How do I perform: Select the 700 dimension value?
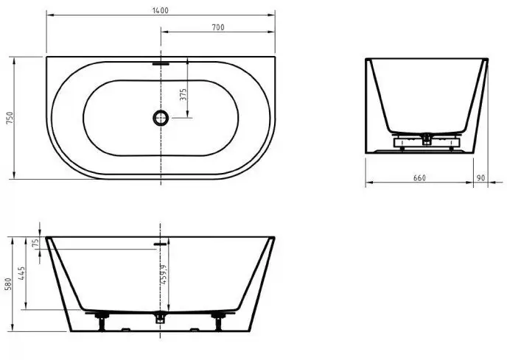click(x=217, y=27)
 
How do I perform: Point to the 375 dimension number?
click(x=183, y=94)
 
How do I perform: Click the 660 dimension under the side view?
click(x=419, y=178)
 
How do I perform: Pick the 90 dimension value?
click(x=480, y=178)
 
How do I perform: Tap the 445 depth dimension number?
click(x=23, y=275)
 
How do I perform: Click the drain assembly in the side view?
click(x=426, y=138)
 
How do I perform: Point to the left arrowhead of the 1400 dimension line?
click(x=49, y=14)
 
